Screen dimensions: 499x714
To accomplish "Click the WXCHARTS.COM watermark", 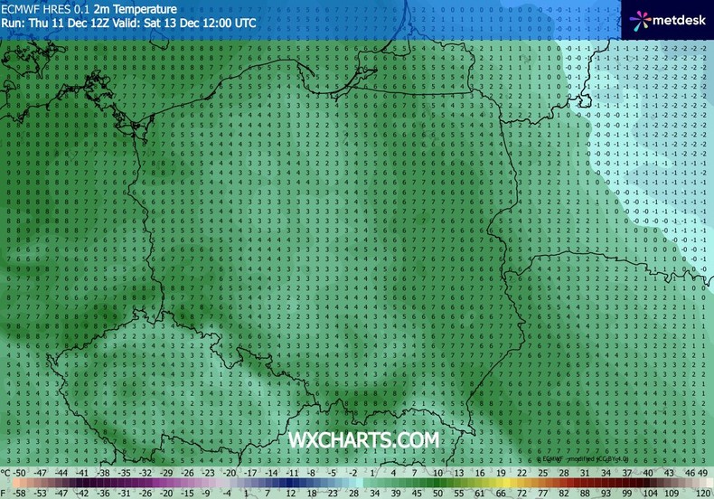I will point(363,439).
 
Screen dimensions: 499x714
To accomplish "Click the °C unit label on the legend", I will point(6,473).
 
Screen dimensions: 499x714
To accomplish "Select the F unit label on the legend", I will point(5,493).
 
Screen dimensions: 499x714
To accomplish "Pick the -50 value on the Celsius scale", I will point(19,473).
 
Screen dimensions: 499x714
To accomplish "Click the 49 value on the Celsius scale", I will point(701,473).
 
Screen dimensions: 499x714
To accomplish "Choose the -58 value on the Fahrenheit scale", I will point(19,493).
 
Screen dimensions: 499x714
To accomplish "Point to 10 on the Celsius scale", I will point(437,473).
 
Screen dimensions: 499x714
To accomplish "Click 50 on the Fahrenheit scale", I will point(437,493).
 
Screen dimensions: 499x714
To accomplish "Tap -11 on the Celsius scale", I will point(292,473).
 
